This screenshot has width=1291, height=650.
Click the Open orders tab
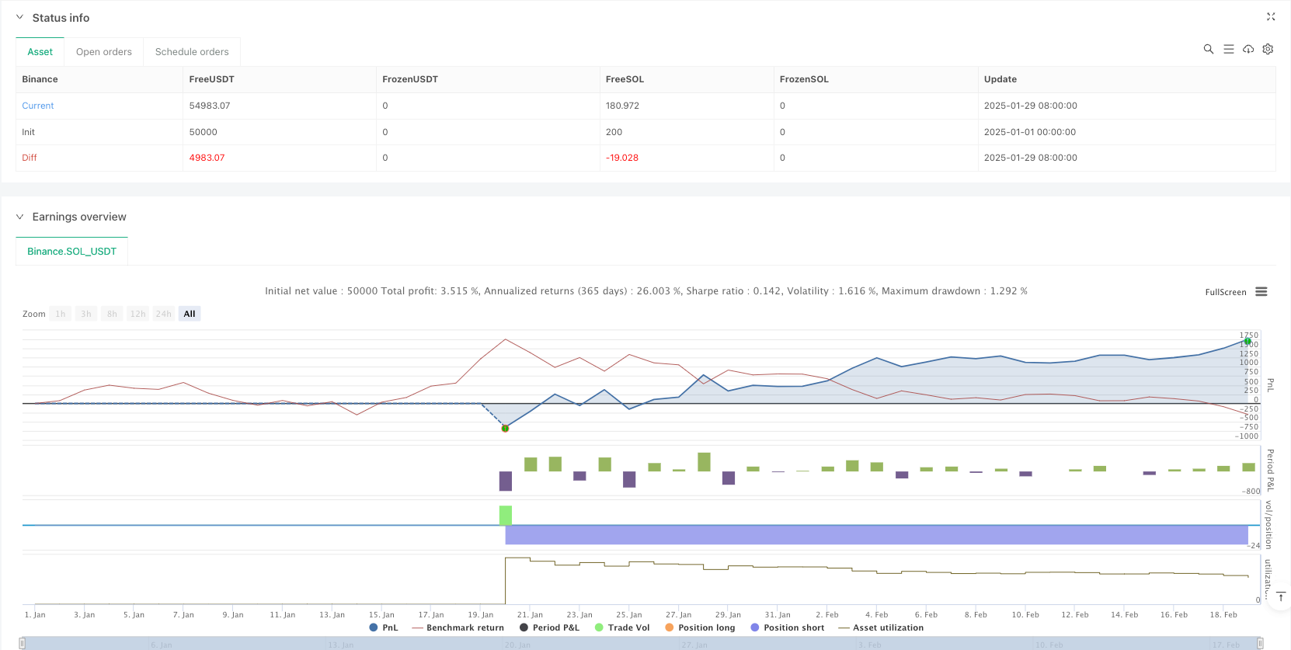coord(104,52)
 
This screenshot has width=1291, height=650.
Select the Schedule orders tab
coord(192,52)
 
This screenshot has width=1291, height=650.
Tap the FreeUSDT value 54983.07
coord(210,106)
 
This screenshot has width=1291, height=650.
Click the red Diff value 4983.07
coord(207,158)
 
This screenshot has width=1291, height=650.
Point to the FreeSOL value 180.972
coord(622,106)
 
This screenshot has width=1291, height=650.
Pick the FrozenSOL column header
coord(804,79)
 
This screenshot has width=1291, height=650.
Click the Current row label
coord(38,106)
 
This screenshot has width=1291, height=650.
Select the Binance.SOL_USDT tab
coord(71,252)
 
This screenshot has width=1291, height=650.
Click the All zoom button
coord(190,314)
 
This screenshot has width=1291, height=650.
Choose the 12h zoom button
coord(138,314)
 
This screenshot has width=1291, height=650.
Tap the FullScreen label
coord(1226,292)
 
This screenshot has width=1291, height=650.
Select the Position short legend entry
coord(793,627)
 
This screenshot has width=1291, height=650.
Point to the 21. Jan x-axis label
coord(530,614)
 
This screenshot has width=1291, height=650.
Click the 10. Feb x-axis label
coord(1025,614)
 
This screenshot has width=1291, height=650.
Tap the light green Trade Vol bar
coord(506,515)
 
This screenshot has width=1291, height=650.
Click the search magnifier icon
coord(1209,49)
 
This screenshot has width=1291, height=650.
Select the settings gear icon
coord(1268,49)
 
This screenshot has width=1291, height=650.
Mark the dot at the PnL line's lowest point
coord(506,428)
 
